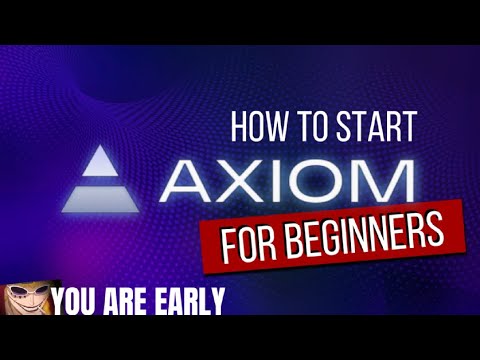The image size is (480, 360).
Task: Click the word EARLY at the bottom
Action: (190, 299)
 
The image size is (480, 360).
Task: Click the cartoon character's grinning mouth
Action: (26, 310)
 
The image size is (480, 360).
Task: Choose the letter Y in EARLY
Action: (217, 299)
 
